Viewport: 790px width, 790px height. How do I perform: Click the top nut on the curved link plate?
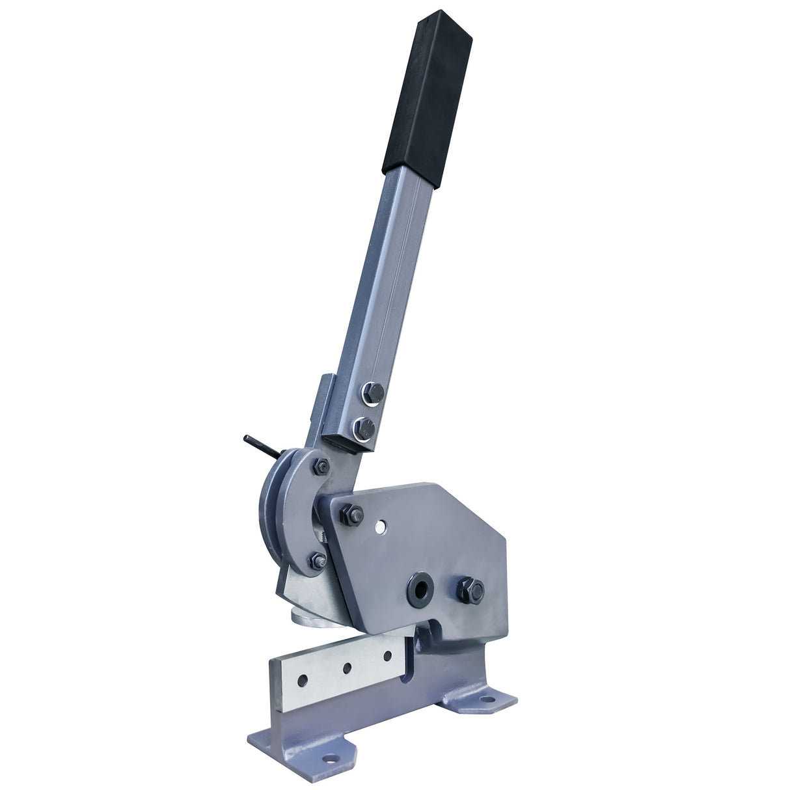[322, 465]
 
